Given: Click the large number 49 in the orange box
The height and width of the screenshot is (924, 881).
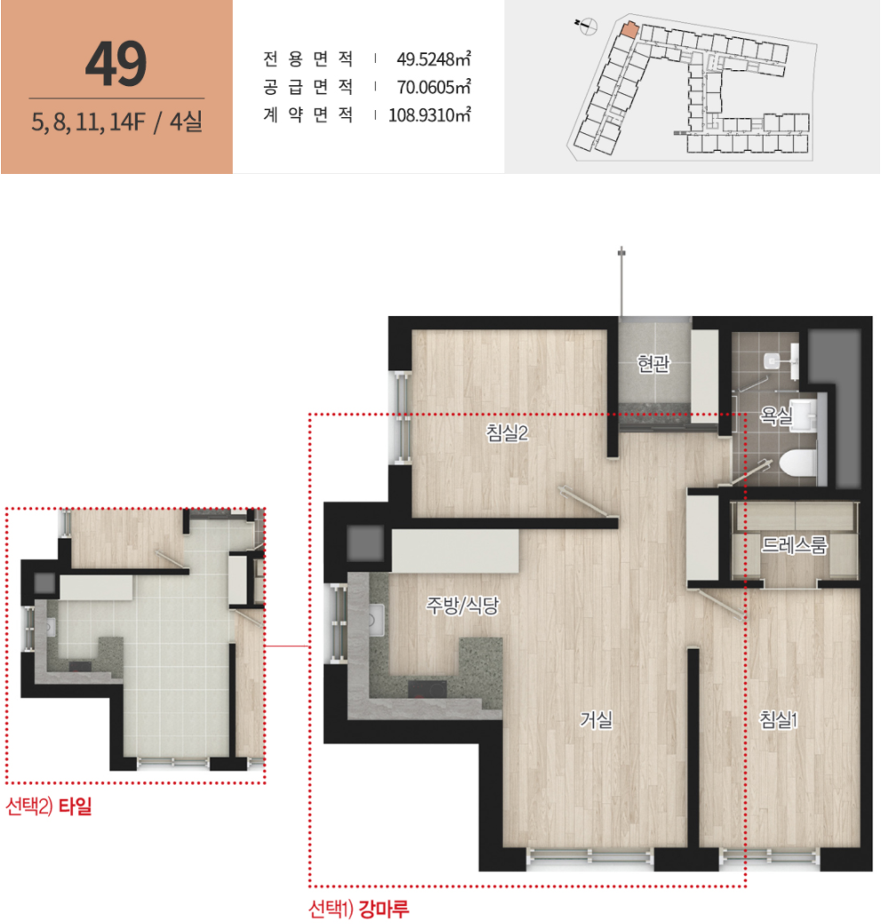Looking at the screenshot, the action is [116, 64].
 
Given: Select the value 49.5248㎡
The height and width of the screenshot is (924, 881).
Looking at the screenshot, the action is [433, 59].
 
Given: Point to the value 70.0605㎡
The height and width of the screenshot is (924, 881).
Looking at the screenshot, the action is [433, 87].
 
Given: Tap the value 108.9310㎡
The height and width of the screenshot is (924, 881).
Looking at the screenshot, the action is [429, 115].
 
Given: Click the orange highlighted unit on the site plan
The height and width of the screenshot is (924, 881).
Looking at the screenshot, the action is [629, 30].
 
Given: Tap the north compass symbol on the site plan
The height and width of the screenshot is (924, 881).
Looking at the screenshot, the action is [587, 26].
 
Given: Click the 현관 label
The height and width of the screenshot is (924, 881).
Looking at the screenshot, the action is [654, 364].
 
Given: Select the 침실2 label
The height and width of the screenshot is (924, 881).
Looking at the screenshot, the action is [507, 433].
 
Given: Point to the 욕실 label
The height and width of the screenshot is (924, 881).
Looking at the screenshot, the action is [775, 416].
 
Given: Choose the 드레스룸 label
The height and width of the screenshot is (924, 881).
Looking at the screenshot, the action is [794, 545].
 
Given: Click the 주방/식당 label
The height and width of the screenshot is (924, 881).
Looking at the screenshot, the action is [463, 605].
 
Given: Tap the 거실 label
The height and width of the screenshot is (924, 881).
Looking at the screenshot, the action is [596, 720].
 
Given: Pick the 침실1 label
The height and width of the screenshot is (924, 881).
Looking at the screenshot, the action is [778, 720].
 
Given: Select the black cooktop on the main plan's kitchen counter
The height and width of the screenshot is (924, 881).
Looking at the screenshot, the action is [427, 688].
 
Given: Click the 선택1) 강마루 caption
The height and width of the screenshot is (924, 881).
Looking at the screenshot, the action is [358, 909].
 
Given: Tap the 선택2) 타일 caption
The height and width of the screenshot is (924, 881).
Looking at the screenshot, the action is [49, 806].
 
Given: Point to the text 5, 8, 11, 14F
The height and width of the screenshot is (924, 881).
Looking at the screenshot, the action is [88, 122].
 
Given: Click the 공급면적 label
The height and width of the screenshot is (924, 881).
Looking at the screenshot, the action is [308, 87].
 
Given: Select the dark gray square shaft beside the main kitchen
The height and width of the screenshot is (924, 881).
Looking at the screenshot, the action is [365, 542].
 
